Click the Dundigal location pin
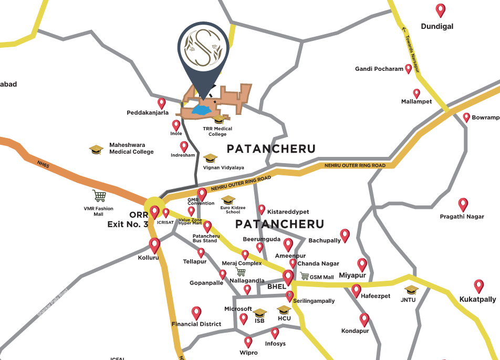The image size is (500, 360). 441,10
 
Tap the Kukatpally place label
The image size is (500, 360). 477,299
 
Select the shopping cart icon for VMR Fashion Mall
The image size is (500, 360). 99,196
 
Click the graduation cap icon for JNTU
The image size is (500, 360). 411,290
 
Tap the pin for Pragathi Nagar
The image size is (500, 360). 463,204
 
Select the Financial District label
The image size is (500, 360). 196,324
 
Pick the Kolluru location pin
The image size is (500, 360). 154,245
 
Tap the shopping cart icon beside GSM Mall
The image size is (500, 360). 304,276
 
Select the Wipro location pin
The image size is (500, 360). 248,342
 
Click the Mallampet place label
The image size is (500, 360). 416,102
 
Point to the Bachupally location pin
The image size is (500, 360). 345,235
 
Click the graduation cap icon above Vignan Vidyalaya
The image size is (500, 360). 210,157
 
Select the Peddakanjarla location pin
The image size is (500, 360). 162,103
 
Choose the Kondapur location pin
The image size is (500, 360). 364,319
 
